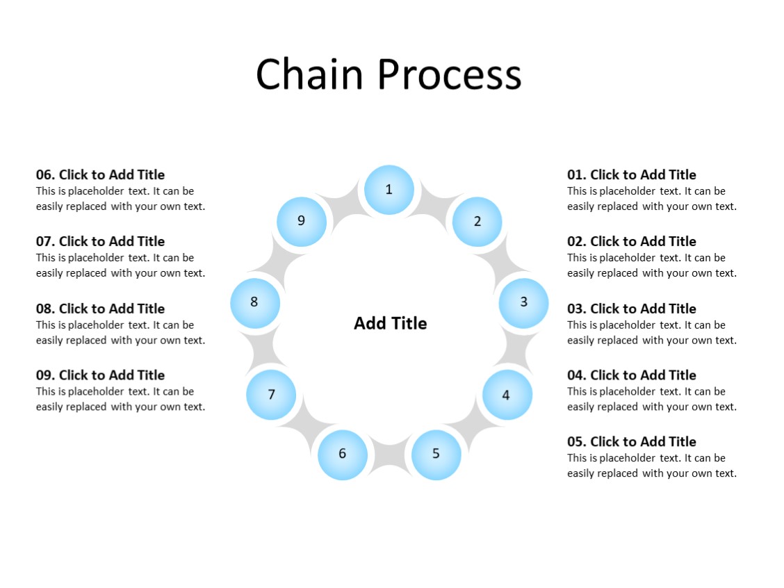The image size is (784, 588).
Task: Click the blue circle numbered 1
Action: click(389, 190)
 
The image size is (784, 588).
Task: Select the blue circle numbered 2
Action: click(477, 222)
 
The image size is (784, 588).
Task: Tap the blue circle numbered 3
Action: click(523, 302)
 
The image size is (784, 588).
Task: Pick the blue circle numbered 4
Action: click(507, 395)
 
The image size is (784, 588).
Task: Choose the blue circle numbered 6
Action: click(343, 455)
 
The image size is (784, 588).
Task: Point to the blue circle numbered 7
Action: click(271, 395)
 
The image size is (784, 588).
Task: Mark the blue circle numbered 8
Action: click(254, 302)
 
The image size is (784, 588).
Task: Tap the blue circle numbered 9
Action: click(301, 221)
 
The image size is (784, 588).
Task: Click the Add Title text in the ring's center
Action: click(390, 323)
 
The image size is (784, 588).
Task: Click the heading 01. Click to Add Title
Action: click(631, 175)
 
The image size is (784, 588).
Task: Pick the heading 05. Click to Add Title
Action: click(631, 442)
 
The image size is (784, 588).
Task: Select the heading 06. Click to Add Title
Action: click(100, 175)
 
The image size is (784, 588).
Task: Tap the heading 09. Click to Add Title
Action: click(100, 375)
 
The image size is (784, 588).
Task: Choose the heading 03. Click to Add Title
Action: click(631, 309)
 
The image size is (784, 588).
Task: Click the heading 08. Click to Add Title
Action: click(100, 309)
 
